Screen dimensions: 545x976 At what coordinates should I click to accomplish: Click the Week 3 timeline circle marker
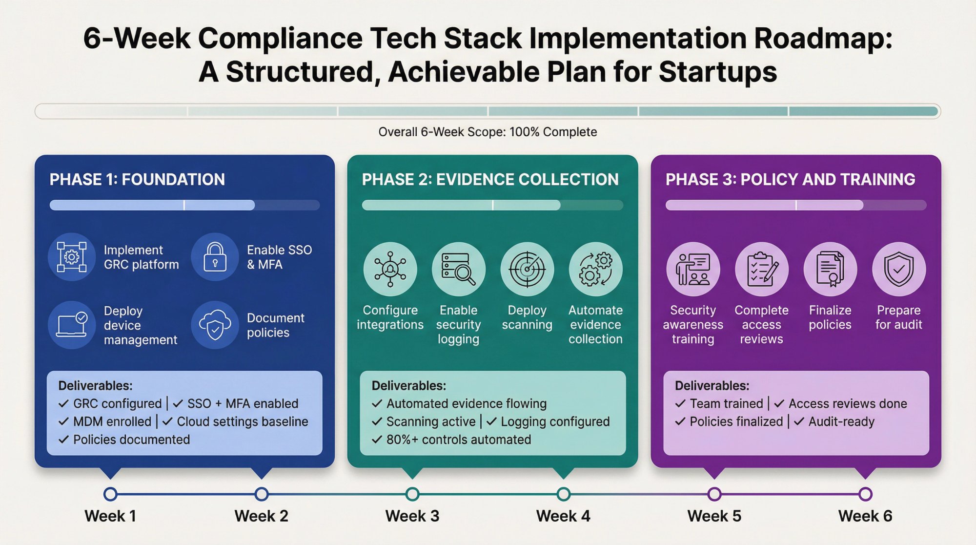(x=412, y=494)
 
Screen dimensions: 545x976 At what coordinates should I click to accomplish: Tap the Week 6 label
(x=865, y=516)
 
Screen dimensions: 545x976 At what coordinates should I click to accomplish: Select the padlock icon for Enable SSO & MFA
(x=215, y=256)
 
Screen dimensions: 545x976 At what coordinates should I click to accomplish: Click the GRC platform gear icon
(x=72, y=256)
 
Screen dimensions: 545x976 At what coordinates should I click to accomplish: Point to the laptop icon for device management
(x=72, y=325)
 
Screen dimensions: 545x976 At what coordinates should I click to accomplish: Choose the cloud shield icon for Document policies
(x=215, y=325)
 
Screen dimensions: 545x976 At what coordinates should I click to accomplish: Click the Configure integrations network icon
(x=390, y=269)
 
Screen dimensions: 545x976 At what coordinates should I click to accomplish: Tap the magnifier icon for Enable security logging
(x=458, y=269)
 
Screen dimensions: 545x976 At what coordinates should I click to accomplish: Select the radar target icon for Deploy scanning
(x=527, y=269)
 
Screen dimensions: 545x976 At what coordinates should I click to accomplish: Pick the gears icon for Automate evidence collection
(x=595, y=269)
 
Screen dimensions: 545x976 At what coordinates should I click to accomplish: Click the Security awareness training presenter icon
(x=693, y=269)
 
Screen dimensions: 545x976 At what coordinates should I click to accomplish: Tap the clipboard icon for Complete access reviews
(x=761, y=269)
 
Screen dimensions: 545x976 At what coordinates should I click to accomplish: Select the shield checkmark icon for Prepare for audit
(x=898, y=269)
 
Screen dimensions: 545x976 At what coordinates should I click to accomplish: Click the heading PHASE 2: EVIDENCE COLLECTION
(x=490, y=179)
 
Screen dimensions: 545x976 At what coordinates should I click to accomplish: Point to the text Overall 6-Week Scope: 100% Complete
(x=488, y=132)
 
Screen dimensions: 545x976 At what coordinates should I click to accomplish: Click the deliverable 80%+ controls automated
(x=458, y=440)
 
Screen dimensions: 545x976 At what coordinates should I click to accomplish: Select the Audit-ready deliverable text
(x=841, y=421)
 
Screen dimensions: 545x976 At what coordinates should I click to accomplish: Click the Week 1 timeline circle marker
(x=110, y=494)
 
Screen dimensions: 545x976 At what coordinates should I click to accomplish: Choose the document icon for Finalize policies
(x=830, y=269)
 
